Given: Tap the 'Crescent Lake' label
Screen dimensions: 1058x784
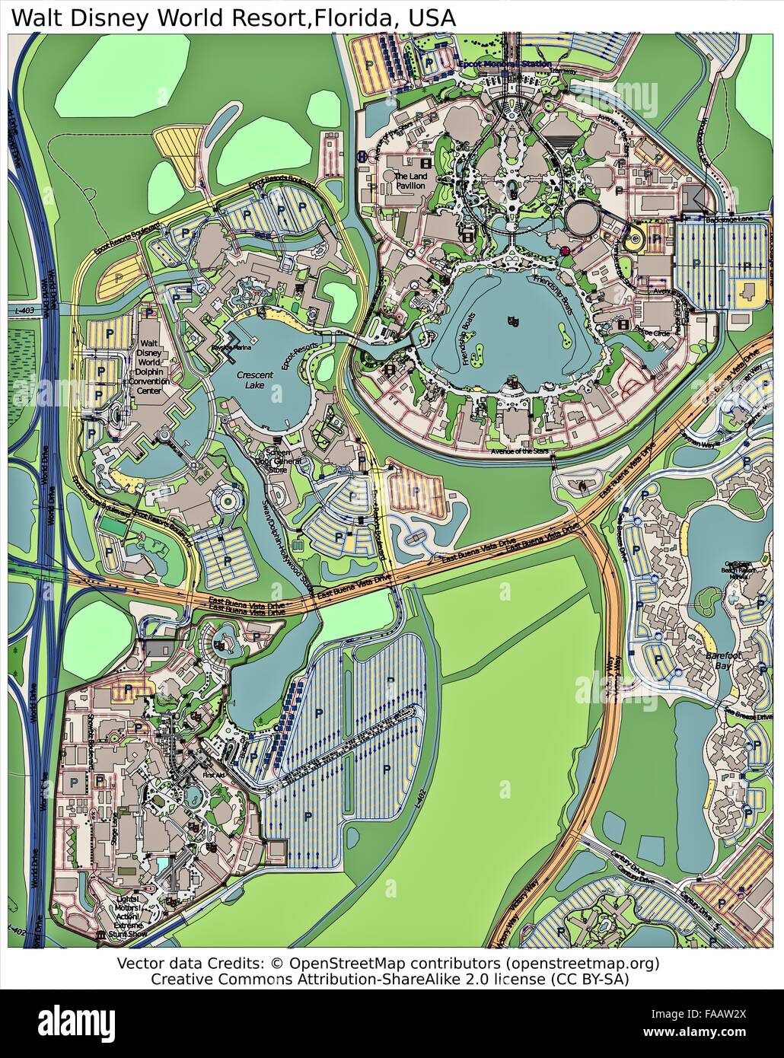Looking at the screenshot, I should coord(254,380).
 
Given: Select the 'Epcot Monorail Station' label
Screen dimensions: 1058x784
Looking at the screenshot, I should coord(505,64).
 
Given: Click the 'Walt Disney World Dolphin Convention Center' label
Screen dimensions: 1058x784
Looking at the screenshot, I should coord(148,368).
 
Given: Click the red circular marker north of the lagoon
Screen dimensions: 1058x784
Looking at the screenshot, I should coord(565,250).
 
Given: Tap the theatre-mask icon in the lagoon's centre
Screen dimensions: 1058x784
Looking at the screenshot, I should coord(514,321).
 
